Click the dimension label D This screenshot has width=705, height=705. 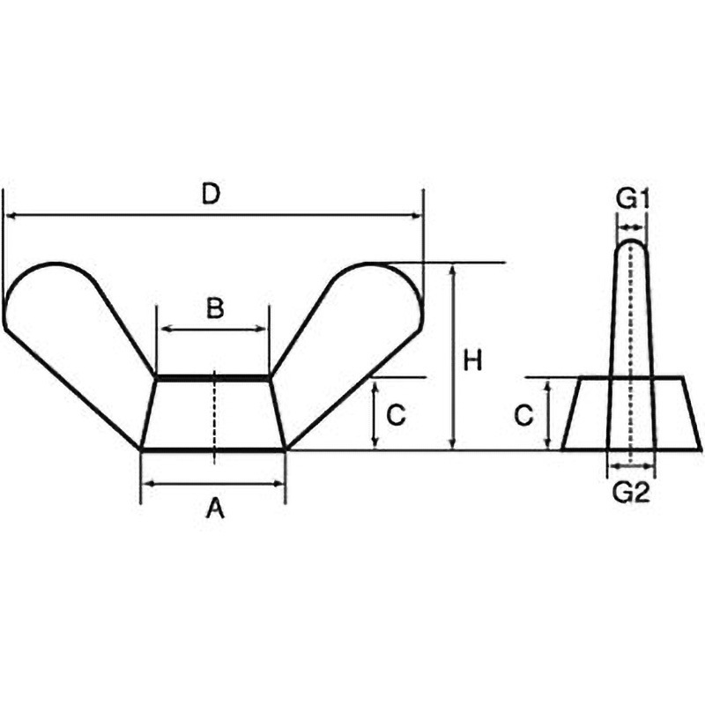click(x=210, y=195)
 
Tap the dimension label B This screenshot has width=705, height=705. click(x=215, y=308)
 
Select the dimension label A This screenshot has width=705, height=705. click(x=215, y=509)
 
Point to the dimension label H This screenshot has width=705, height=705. click(x=472, y=361)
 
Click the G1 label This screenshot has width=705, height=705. click(x=633, y=200)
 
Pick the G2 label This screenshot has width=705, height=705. click(x=632, y=493)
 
